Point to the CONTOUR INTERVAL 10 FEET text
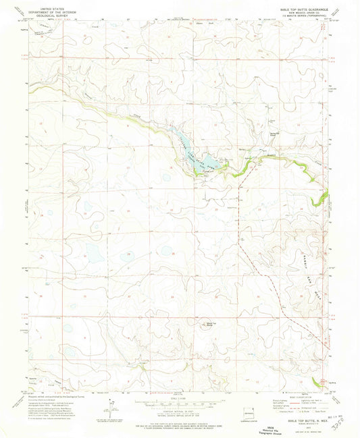click(180, 413)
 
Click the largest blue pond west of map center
click(92, 253)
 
